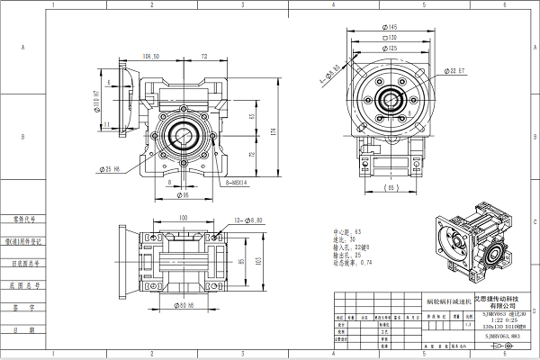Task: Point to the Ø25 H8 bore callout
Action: click(120, 168)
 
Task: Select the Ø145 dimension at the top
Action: click(393, 27)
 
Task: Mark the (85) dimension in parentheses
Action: click(392, 187)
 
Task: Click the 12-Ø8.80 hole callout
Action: click(247, 220)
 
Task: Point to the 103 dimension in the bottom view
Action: click(257, 262)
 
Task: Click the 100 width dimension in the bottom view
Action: click(183, 218)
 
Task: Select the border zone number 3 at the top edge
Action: click(242, 4)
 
